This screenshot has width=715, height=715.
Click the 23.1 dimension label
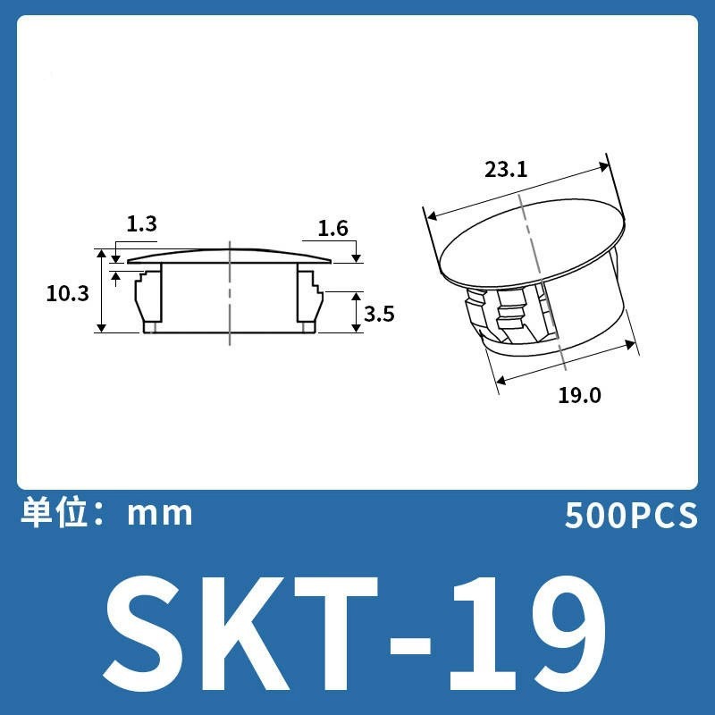[506, 170]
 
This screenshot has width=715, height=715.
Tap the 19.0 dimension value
[579, 395]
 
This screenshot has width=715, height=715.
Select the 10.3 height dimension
[68, 293]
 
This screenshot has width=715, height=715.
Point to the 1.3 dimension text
[141, 223]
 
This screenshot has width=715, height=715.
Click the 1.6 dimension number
[332, 228]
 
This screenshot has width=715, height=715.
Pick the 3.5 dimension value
[379, 314]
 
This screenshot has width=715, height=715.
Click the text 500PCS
[632, 516]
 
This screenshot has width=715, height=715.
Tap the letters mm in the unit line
[160, 515]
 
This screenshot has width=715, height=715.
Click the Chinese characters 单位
[55, 513]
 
